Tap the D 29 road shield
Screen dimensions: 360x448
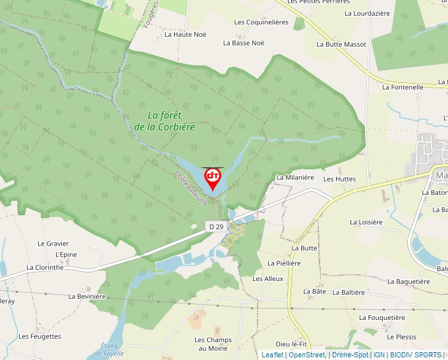click(x=215, y=226)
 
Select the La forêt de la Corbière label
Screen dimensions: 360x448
click(x=164, y=120)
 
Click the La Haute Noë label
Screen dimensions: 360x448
click(x=185, y=34)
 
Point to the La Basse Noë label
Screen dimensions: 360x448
click(x=243, y=43)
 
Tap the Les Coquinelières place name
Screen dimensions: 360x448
click(x=262, y=22)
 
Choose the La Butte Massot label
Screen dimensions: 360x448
click(x=341, y=44)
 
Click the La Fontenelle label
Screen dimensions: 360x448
click(x=403, y=86)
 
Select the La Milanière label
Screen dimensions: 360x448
click(x=294, y=177)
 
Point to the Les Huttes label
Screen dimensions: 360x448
click(x=339, y=179)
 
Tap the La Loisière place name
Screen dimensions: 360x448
click(x=366, y=222)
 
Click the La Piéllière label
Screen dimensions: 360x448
click(x=284, y=263)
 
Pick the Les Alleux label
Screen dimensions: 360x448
click(x=267, y=278)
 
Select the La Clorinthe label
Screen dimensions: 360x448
click(x=45, y=267)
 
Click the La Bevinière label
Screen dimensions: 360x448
click(x=87, y=296)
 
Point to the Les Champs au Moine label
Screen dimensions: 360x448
click(x=213, y=344)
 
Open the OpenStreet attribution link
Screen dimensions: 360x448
click(x=307, y=355)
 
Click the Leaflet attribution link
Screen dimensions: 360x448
click(x=272, y=355)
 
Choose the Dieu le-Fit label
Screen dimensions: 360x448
click(x=292, y=344)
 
